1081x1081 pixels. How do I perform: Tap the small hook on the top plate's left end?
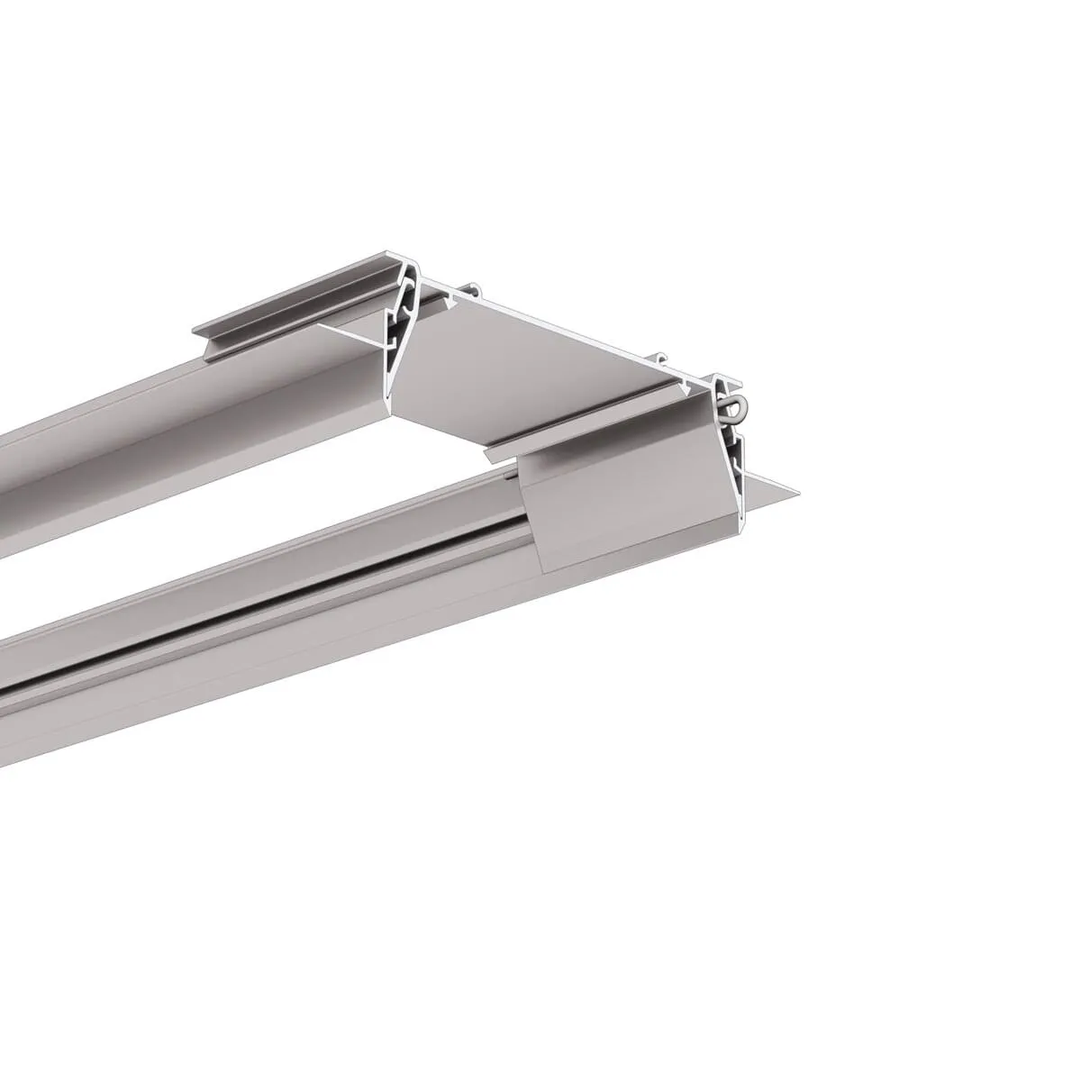click(x=476, y=290)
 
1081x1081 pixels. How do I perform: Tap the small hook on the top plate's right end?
click(x=662, y=357)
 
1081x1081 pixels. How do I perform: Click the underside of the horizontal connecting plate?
click(x=540, y=369)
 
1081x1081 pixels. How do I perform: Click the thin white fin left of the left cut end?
click(x=351, y=334)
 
